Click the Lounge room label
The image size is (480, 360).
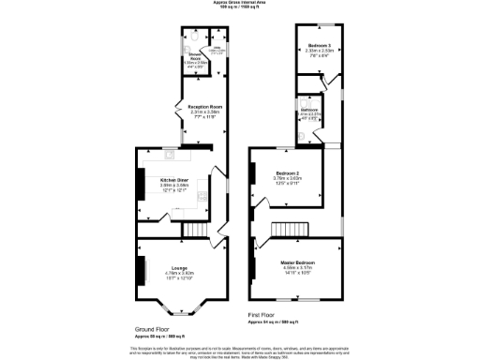coord(179,267)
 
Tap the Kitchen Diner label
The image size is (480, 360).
coord(175,178)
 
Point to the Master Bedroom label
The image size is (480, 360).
coord(298,262)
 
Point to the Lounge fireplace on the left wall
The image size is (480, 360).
coord(142,270)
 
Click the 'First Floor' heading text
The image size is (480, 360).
coord(263,315)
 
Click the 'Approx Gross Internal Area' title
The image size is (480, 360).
coord(240,3)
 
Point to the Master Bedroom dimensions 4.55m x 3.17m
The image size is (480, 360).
coord(298,268)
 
